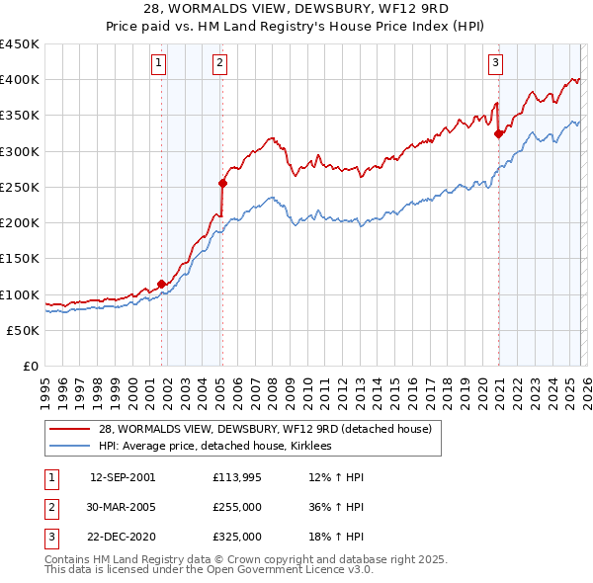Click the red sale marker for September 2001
click(x=161, y=284)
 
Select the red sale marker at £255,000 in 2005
click(x=223, y=183)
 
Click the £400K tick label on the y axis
click(x=20, y=80)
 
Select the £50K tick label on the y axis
click(x=24, y=330)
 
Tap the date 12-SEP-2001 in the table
click(x=123, y=477)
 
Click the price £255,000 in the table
click(x=237, y=507)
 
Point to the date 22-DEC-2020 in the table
click(x=123, y=537)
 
